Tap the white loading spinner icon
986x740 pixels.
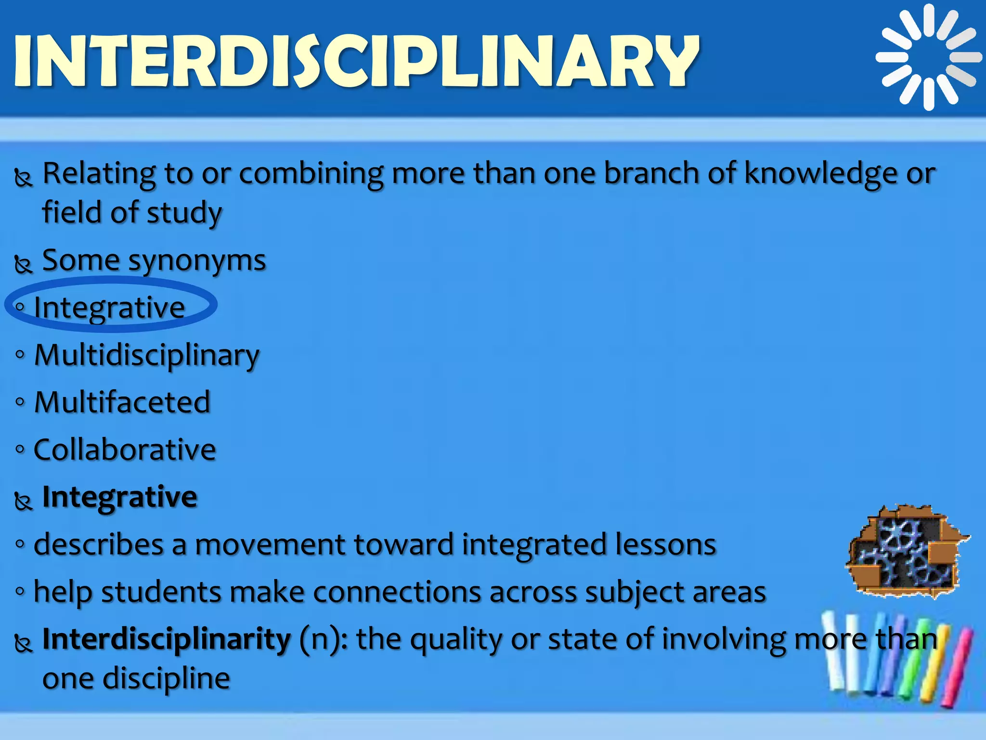pyautogui.click(x=928, y=57)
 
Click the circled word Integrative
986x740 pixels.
pyautogui.click(x=110, y=307)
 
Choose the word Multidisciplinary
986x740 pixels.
pyautogui.click(x=147, y=356)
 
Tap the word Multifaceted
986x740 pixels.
pyautogui.click(x=122, y=402)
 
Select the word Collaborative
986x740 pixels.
pyautogui.click(x=125, y=449)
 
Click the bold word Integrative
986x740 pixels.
pyautogui.click(x=120, y=497)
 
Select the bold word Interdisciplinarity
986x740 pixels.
pyautogui.click(x=167, y=639)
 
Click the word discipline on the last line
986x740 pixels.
pyautogui.click(x=167, y=678)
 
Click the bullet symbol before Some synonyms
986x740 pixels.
pyautogui.click(x=23, y=264)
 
